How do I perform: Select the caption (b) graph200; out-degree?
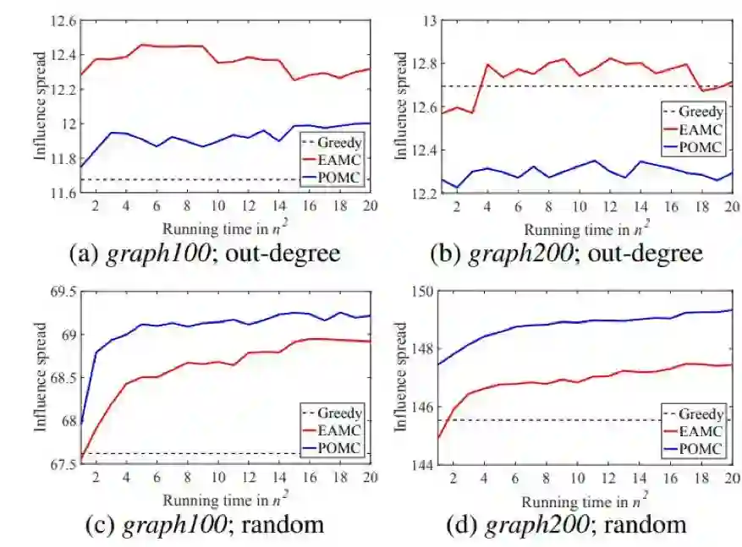(x=567, y=253)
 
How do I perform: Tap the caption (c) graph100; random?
(x=205, y=524)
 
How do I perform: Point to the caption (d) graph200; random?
(x=566, y=524)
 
